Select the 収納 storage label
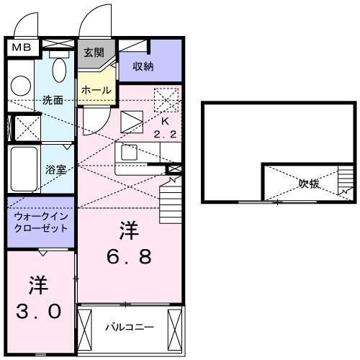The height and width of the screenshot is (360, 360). coord(143,66)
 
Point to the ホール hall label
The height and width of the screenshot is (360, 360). coord(96,90)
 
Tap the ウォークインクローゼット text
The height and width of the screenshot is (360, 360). coord(40,221)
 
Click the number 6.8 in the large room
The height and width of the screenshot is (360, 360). coord(130,244)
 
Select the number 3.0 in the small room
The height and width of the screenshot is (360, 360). coord(39,299)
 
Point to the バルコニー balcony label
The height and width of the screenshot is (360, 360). coord(130,327)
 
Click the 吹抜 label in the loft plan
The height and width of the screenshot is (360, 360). coord(310,183)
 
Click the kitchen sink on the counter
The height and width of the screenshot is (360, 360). coord(130,153)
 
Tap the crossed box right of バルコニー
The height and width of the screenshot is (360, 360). coord(175,328)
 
